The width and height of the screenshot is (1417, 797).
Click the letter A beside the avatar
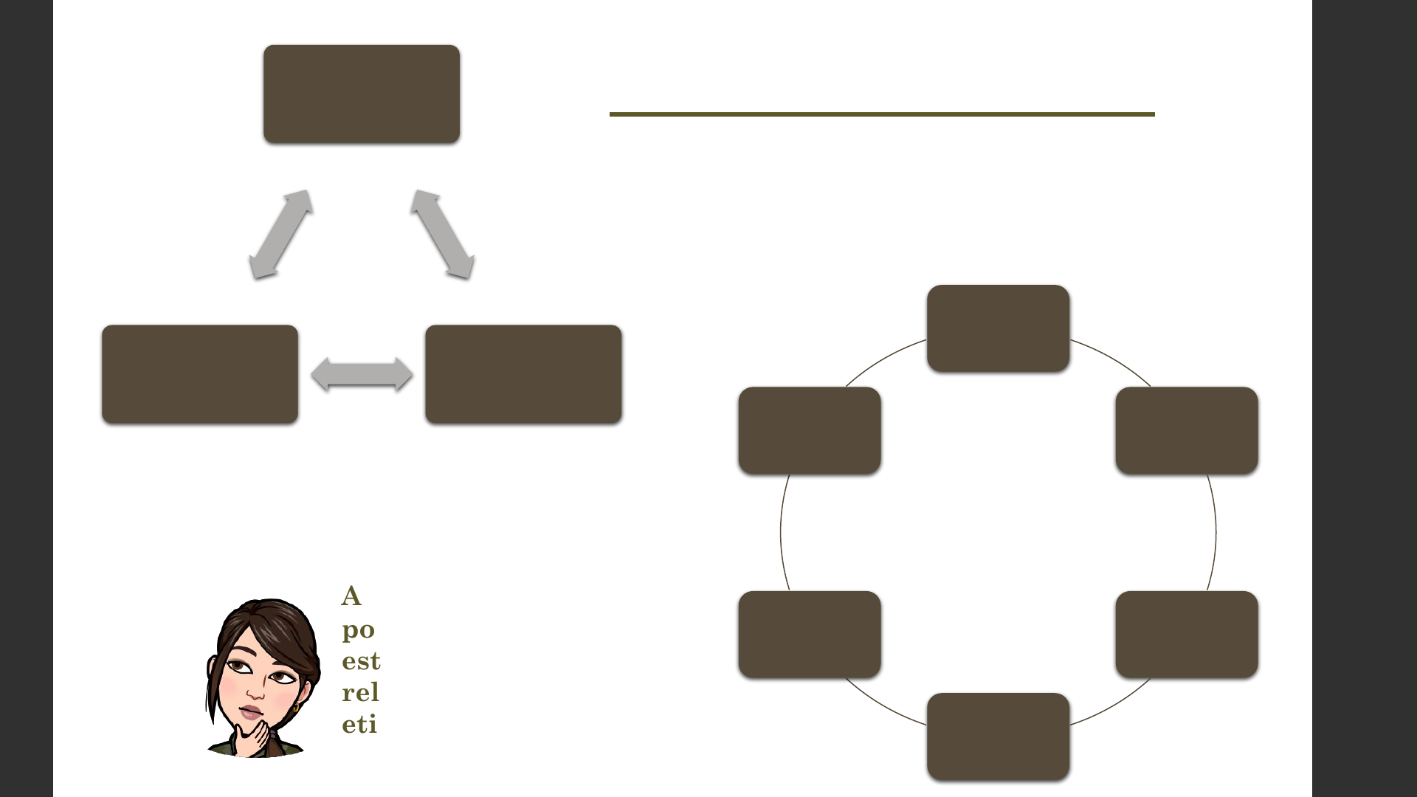point(351,596)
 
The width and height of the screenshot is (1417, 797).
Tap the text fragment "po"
point(359,629)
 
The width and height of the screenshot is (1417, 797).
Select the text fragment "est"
point(361,660)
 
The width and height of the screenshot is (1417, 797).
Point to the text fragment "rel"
point(360,692)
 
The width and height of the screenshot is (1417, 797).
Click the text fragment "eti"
point(359,724)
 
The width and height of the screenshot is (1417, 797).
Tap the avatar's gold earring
point(296,706)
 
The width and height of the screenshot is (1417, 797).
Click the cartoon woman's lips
point(251,712)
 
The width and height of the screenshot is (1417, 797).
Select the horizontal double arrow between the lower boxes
point(362,374)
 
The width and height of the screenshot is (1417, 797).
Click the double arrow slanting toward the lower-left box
point(280,234)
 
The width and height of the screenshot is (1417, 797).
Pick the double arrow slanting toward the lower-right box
point(443,234)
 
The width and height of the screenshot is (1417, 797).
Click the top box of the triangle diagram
point(362,94)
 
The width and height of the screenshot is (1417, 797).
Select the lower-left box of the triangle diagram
point(200,374)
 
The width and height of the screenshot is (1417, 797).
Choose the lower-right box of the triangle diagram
point(523,374)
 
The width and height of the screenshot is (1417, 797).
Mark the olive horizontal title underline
point(882,114)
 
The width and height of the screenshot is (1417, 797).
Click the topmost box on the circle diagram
point(998,328)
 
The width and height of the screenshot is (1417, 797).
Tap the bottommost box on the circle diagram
point(998,736)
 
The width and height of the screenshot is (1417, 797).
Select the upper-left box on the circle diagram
point(810,430)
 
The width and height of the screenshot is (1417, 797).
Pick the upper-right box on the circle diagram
point(1187,430)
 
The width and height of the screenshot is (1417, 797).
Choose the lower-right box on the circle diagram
point(1187,635)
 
